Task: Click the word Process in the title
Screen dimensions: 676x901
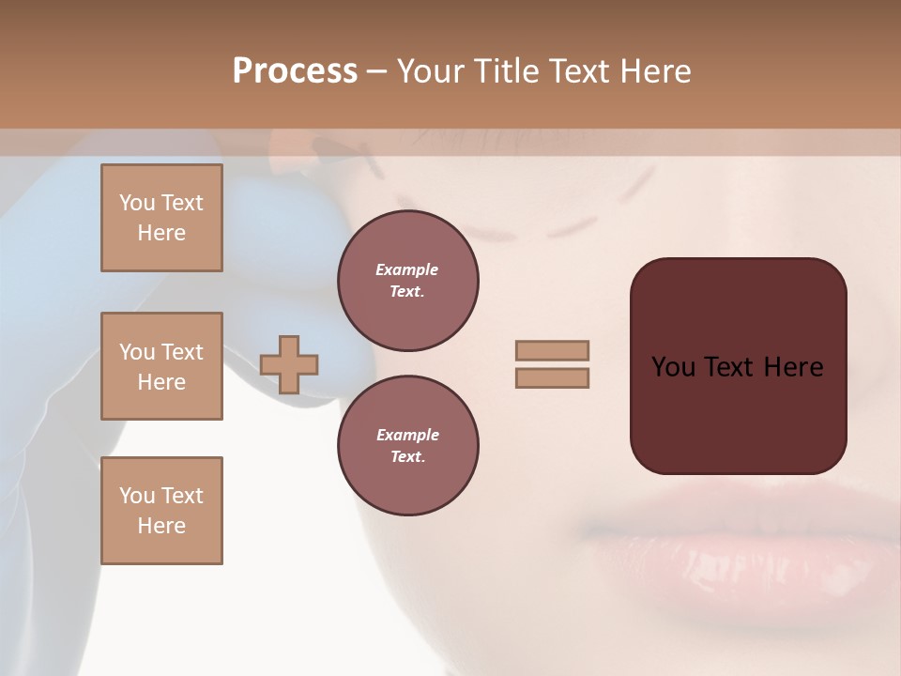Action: click(x=295, y=71)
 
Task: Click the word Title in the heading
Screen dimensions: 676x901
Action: click(x=505, y=71)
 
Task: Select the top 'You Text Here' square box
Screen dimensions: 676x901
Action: click(x=161, y=218)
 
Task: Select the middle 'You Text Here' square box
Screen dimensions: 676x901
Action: click(x=161, y=366)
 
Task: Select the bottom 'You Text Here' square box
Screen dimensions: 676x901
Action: click(x=161, y=511)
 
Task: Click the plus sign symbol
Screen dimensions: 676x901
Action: click(x=289, y=364)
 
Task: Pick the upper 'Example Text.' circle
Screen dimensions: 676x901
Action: click(x=407, y=281)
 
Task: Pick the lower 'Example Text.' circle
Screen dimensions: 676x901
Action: click(x=407, y=446)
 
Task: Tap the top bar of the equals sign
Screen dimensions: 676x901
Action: click(x=552, y=350)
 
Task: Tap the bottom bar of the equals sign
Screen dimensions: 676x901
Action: click(x=552, y=377)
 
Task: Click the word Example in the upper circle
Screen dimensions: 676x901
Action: click(x=407, y=269)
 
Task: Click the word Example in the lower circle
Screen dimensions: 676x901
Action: click(x=407, y=435)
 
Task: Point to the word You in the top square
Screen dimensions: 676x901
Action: click(x=136, y=203)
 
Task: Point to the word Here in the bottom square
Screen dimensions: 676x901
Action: click(x=161, y=526)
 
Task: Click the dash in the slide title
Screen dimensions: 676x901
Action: click(x=377, y=71)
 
